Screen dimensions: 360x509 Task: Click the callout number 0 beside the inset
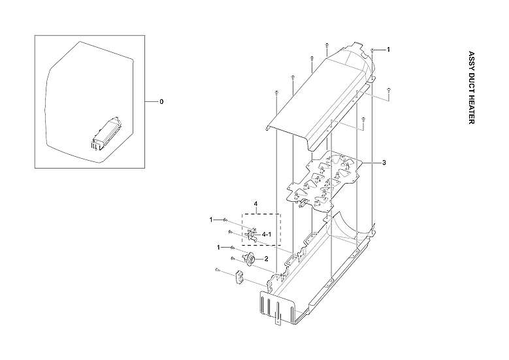pos(161,102)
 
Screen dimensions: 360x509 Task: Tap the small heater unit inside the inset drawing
pos(108,133)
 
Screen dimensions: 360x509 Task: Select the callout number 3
pos(384,162)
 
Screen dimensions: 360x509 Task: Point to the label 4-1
pos(267,233)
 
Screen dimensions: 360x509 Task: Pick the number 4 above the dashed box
pos(255,205)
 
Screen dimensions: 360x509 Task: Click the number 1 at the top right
pos(388,50)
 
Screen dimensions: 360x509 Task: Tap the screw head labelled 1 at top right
pos(372,50)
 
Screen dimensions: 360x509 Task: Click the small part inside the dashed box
pos(252,234)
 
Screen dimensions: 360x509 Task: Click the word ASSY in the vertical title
pos(470,59)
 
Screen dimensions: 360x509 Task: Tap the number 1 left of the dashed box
pos(211,220)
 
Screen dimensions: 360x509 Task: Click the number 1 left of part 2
pos(219,248)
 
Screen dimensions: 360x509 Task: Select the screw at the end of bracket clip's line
pos(217,269)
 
